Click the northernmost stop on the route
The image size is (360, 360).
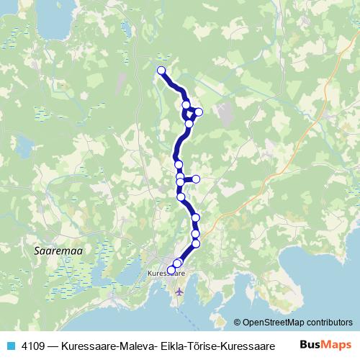click(161, 71)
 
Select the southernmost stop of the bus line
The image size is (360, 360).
click(171, 270)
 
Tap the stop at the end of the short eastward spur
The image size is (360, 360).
click(195, 179)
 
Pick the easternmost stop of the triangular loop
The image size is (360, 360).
click(199, 112)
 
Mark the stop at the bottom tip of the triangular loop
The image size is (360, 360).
click(189, 124)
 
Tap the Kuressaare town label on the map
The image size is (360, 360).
click(166, 274)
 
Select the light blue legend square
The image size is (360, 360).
click(10, 345)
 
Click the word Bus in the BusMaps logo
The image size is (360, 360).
click(310, 344)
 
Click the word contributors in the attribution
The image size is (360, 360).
click(328, 323)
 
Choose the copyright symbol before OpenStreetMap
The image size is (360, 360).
click(237, 323)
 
